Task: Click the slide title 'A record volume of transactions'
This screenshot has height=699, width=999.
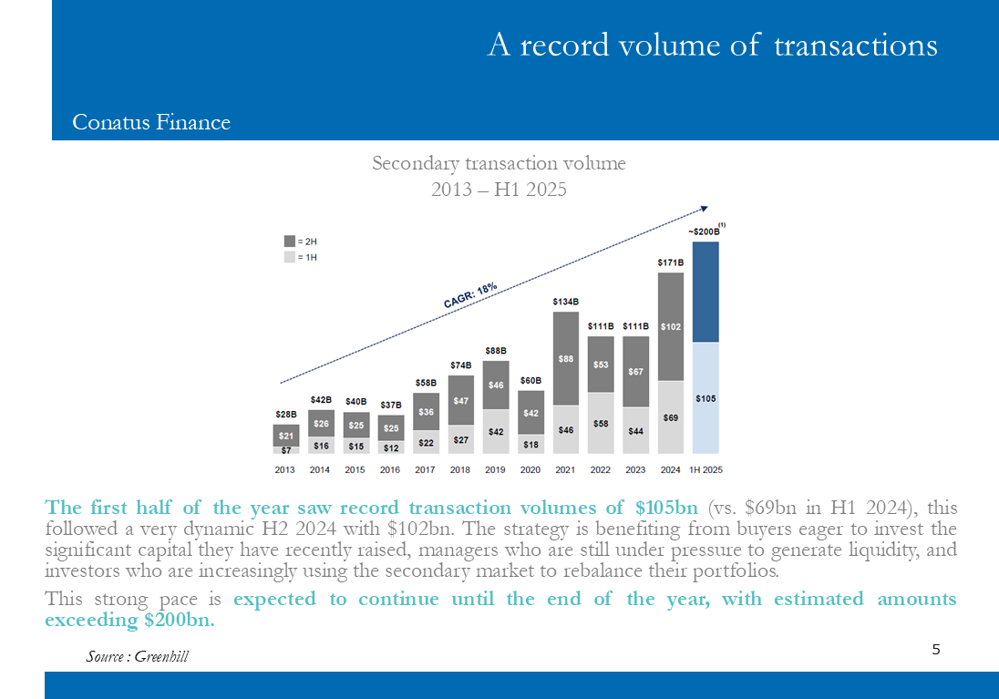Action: click(x=712, y=45)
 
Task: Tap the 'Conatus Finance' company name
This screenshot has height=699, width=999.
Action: click(x=151, y=122)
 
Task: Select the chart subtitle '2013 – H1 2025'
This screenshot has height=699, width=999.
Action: click(x=499, y=190)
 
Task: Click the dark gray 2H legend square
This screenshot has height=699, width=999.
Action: click(x=290, y=242)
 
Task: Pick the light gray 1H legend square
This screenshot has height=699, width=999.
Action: click(x=290, y=257)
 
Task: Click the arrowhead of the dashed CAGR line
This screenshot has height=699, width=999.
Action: click(x=705, y=206)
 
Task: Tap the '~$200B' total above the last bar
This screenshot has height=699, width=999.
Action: click(x=704, y=231)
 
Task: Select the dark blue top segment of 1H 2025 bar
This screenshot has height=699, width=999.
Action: click(x=705, y=292)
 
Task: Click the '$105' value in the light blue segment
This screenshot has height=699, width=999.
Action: click(x=705, y=398)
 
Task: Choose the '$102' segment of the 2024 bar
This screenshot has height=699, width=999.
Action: click(x=671, y=326)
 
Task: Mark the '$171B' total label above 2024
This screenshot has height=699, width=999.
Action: click(x=671, y=262)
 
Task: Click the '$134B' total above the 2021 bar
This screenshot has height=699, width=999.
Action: click(x=566, y=301)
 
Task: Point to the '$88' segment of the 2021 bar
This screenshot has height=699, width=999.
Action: click(x=566, y=359)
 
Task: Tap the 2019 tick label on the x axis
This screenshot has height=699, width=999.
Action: click(x=495, y=470)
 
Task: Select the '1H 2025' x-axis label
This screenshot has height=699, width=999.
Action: click(x=705, y=470)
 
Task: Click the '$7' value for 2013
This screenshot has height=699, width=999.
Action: click(x=286, y=449)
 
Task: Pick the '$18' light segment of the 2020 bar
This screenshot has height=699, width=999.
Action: click(x=530, y=444)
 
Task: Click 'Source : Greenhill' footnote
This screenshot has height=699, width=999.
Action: click(x=138, y=656)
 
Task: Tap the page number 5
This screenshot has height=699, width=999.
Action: click(x=936, y=650)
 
